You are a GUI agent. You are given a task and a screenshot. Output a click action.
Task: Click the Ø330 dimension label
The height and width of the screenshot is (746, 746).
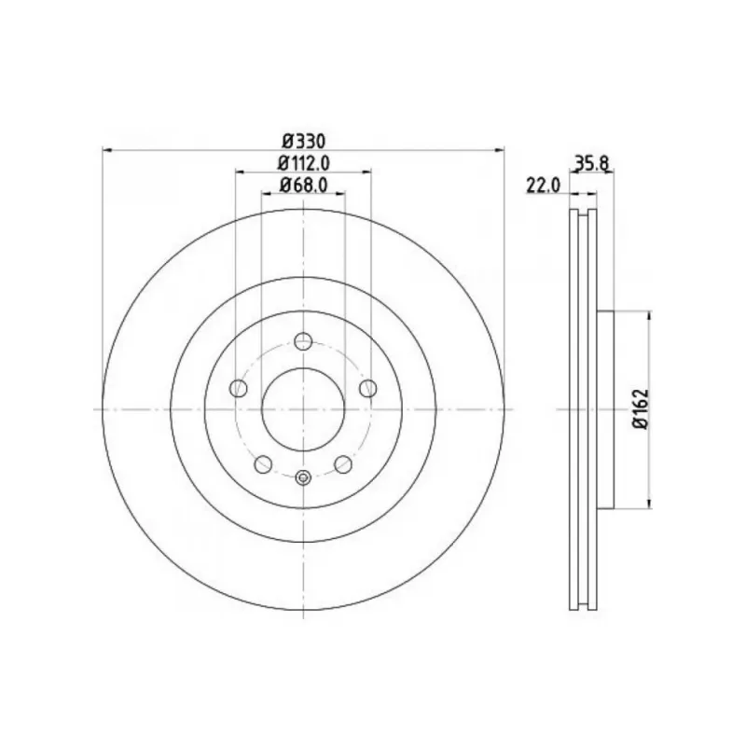point(304,142)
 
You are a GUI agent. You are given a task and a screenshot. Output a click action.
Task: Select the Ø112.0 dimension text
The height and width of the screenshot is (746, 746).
point(304,164)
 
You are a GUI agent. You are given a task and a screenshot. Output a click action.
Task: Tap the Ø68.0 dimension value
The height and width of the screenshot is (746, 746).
point(304,185)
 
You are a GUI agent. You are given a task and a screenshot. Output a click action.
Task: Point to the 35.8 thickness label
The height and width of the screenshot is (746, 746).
point(591,163)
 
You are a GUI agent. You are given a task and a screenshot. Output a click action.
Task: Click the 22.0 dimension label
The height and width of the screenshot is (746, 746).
point(544,185)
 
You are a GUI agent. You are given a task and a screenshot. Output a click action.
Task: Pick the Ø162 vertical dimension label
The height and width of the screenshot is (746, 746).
point(641,409)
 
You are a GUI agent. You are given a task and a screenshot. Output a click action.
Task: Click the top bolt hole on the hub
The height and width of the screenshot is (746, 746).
point(303,341)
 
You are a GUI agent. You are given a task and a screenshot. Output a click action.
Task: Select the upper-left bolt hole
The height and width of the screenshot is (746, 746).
point(239,388)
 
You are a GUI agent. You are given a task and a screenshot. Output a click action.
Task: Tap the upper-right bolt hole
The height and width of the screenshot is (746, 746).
point(367,388)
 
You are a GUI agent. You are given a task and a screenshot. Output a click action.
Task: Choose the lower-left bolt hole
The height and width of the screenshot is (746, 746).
point(263,464)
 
